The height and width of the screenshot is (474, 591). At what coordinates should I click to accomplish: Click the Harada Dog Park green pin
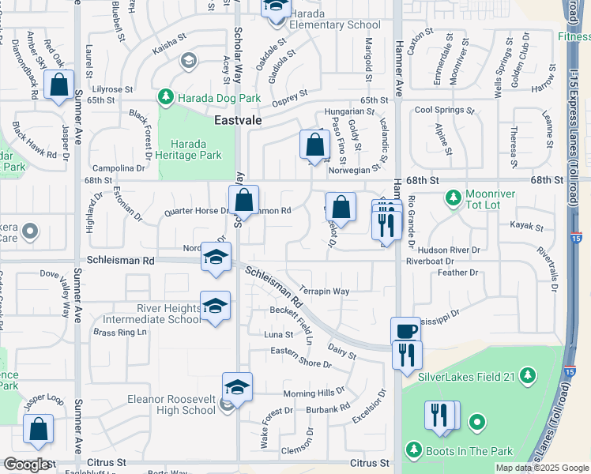tap(166, 97)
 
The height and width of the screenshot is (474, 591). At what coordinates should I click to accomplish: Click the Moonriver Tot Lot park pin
tap(454, 197)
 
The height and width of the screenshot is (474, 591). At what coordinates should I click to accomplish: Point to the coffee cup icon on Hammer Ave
tap(406, 331)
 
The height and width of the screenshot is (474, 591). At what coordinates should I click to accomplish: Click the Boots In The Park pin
tap(413, 450)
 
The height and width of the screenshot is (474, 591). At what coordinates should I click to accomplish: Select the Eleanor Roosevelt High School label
tap(171, 404)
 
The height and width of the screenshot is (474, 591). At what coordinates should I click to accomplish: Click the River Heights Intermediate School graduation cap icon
tap(214, 306)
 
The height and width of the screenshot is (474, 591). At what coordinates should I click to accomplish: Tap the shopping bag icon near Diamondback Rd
tap(59, 85)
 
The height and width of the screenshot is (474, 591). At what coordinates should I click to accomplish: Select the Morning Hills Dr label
tap(314, 393)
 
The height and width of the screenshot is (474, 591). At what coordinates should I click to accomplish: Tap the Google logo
tap(26, 465)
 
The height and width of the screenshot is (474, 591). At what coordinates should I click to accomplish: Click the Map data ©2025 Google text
tap(540, 468)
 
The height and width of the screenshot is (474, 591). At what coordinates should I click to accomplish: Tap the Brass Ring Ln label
tap(120, 333)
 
